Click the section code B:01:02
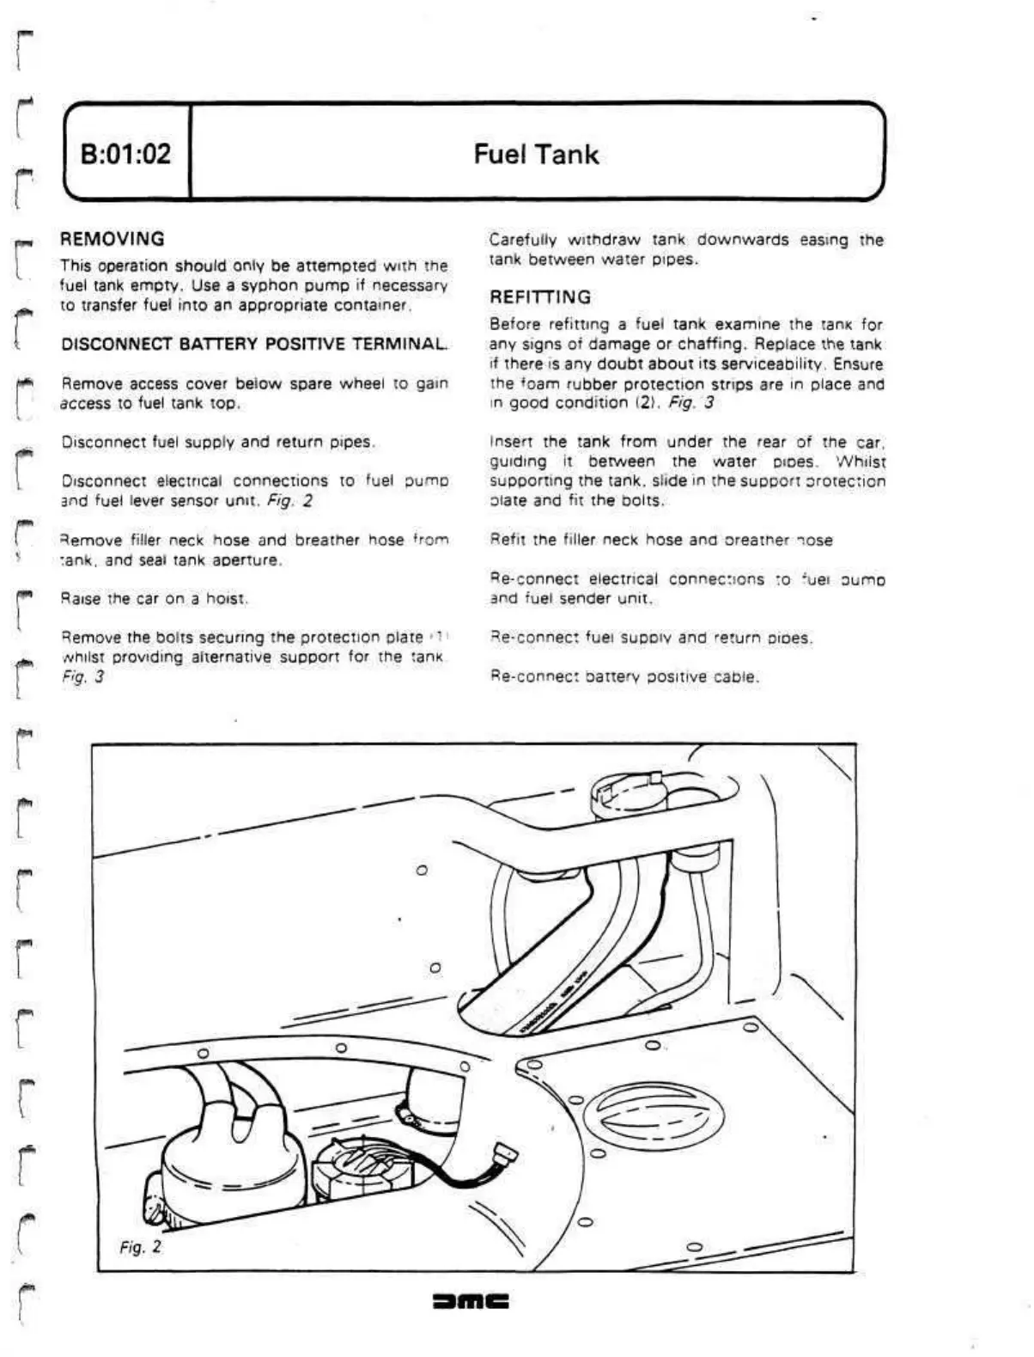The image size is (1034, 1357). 125,154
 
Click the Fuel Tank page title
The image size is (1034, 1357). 536,155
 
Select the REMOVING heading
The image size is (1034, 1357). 113,239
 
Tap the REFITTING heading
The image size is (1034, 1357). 540,297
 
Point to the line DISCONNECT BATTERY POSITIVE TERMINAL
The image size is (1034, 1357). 254,345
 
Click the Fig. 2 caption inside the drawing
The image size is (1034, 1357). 140,1246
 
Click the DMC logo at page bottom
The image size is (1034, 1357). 472,1301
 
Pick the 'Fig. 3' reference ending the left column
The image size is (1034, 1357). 82,676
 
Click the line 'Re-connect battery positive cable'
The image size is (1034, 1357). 624,677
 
